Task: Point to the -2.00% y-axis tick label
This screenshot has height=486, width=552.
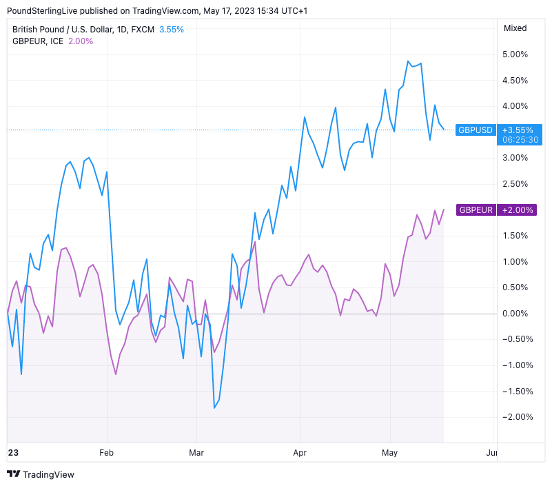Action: point(515,417)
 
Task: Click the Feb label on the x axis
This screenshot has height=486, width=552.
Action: point(107,453)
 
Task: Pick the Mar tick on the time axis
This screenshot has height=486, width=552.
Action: point(196,453)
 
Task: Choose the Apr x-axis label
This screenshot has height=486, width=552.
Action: point(300,453)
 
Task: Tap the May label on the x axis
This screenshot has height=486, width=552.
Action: point(390,453)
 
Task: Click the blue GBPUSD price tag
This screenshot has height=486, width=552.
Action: point(476,130)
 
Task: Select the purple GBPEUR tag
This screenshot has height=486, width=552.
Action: point(476,210)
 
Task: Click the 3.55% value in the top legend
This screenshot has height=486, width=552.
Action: point(172,30)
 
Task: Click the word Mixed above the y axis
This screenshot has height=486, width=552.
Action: point(515,28)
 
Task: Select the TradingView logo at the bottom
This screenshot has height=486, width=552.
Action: point(41,474)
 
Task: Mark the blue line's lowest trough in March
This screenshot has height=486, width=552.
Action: point(215,408)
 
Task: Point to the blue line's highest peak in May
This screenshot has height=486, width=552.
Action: point(408,61)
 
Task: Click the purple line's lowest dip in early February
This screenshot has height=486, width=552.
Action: point(116,374)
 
